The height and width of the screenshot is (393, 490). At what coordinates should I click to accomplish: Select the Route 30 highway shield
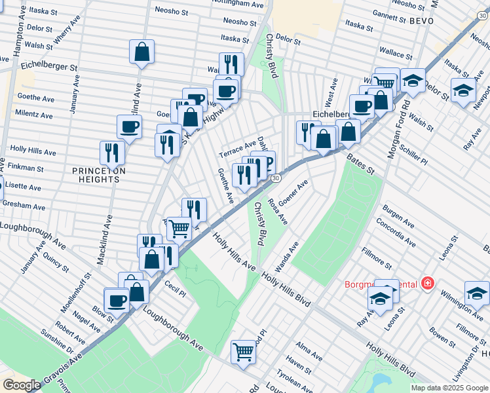(x=276, y=178)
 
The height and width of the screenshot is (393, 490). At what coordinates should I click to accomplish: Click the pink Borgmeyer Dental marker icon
(x=427, y=284)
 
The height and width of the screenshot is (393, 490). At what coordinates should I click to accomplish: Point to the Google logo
(x=22, y=385)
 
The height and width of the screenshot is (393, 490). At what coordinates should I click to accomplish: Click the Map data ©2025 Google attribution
(x=449, y=388)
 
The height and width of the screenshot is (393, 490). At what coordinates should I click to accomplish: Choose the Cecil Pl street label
(x=176, y=289)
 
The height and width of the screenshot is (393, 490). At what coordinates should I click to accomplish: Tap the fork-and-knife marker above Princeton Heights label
(x=112, y=152)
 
